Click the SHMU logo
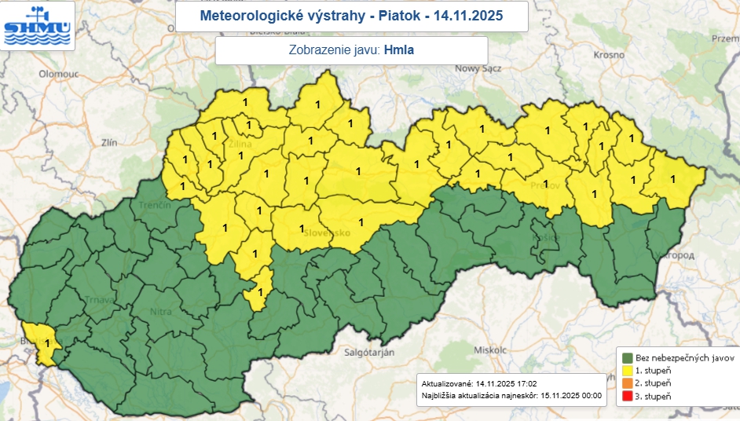(x=38, y=25)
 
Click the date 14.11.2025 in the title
(x=467, y=15)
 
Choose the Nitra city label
(x=161, y=313)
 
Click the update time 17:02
(x=526, y=383)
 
